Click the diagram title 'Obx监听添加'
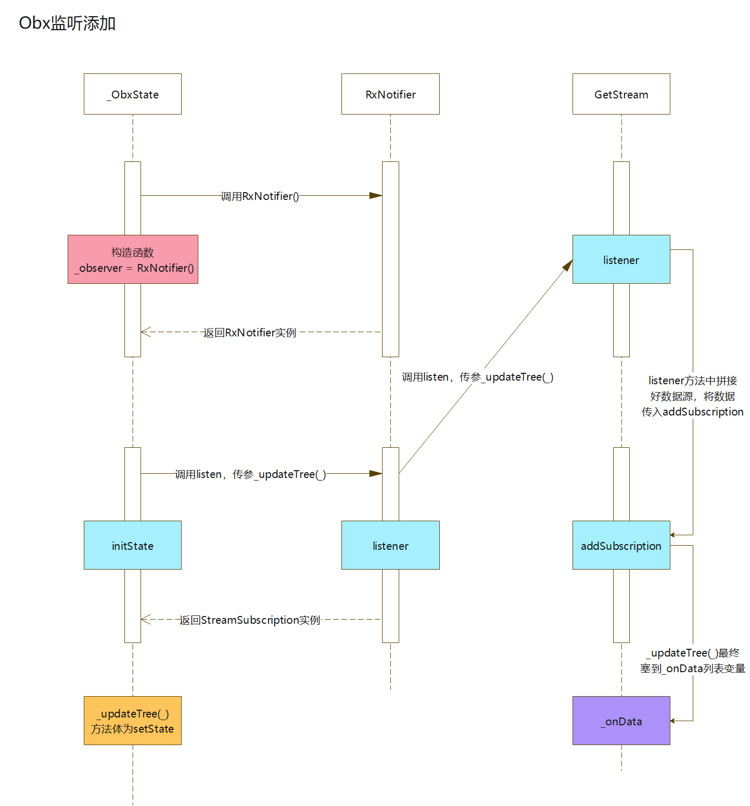point(67,23)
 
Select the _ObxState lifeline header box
point(133,94)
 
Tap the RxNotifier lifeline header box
point(390,94)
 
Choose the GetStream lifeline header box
point(621,94)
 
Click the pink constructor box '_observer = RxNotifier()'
point(133,259)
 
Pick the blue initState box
point(133,545)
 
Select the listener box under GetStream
point(621,259)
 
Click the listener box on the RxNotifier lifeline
point(390,545)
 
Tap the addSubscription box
point(621,545)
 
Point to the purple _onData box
point(621,721)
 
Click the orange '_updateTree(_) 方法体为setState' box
point(133,721)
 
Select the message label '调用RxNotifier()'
point(260,196)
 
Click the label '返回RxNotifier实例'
point(250,332)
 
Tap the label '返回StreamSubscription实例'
point(250,620)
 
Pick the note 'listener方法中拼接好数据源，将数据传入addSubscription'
point(693,396)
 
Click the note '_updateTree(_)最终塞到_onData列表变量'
point(693,661)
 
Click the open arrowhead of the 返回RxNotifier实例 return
point(146,332)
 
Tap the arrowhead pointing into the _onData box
point(672,721)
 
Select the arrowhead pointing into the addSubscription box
point(672,535)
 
